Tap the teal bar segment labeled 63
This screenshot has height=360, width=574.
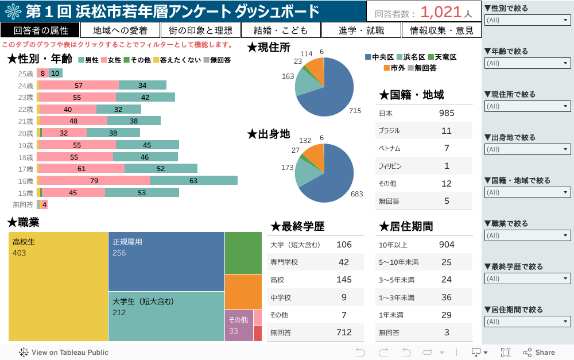coord(193,181)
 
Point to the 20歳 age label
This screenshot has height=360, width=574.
coord(25,133)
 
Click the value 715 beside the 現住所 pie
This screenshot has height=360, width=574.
coord(355,111)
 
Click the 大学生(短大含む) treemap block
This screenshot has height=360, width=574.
coord(166,316)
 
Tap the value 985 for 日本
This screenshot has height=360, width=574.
coord(447,113)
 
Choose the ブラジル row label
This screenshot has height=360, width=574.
coord(389,131)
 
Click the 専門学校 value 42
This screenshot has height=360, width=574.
coord(344,262)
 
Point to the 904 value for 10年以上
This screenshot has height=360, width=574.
coord(447,245)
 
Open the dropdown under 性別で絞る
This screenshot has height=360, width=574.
coord(528,20)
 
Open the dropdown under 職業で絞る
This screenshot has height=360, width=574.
coord(528,235)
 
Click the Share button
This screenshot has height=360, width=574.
coord(539,353)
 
